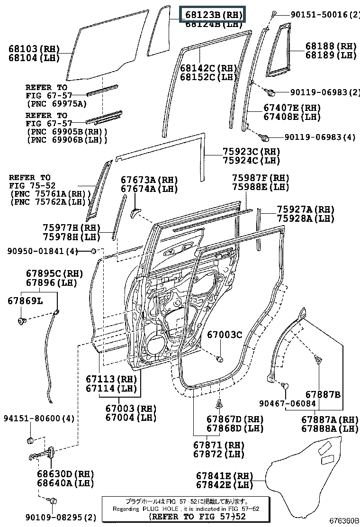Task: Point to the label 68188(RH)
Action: pos(331,46)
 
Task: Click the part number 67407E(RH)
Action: pos(292,108)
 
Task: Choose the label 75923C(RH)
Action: pos(251,152)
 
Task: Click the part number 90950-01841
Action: pos(36,251)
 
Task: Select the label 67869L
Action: pos(24,300)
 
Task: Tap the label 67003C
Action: pos(224,335)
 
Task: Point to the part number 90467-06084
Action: pos(287,403)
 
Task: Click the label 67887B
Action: pos(323,394)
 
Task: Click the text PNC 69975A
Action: pos(57,103)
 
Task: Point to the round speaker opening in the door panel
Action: pos(156,344)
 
